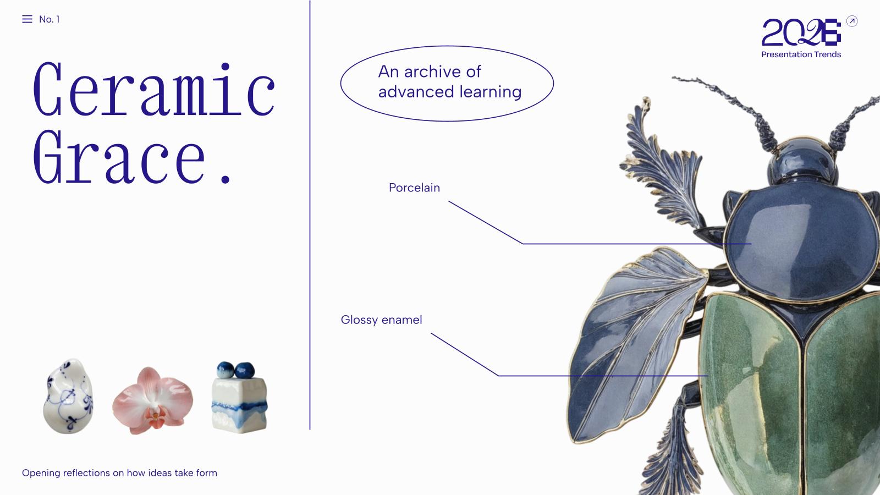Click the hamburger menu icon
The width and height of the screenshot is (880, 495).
[27, 19]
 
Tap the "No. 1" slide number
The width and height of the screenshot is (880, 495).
[50, 19]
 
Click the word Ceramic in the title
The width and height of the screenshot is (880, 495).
[154, 90]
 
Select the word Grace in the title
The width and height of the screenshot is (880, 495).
[119, 158]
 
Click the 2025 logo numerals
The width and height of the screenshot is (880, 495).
[801, 33]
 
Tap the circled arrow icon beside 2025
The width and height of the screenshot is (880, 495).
[852, 21]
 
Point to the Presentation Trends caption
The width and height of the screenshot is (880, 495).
[801, 54]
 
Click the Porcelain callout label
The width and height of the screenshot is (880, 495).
[414, 188]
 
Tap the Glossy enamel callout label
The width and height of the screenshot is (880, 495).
[381, 320]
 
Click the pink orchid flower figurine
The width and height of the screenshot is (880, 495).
[153, 399]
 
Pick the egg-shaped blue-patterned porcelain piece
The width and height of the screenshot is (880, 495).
[68, 397]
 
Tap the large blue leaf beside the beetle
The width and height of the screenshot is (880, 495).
[632, 341]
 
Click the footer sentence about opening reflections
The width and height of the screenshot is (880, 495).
[119, 473]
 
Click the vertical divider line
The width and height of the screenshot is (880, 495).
[310, 220]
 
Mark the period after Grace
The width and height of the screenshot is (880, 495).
[225, 178]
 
